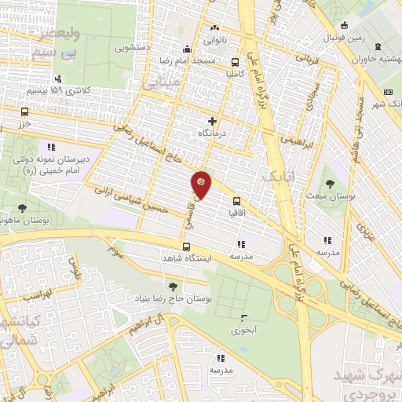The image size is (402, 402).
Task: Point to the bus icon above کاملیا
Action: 236,62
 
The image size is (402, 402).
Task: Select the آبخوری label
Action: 244,331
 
